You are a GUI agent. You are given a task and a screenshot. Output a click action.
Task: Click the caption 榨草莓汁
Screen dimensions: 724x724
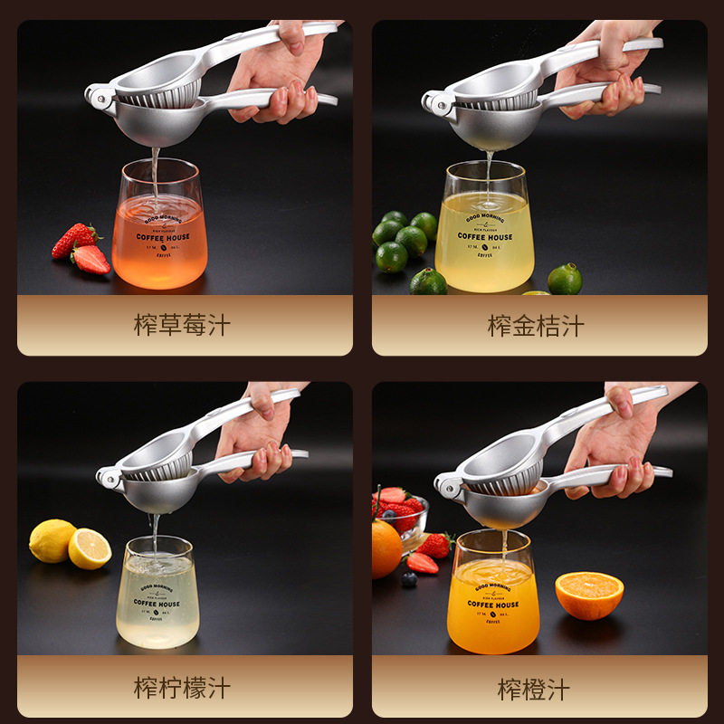pyautogui.click(x=183, y=325)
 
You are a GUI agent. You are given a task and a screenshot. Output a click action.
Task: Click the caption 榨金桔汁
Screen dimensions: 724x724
pyautogui.click(x=537, y=325)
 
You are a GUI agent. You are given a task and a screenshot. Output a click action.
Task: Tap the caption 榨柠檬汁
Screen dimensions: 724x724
pyautogui.click(x=183, y=687)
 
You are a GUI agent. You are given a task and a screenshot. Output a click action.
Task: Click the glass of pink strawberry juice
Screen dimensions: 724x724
pyautogui.click(x=159, y=235)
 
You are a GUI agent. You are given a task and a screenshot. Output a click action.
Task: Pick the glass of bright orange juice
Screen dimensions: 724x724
pyautogui.click(x=493, y=597)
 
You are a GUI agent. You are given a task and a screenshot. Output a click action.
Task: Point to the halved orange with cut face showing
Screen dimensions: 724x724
pyautogui.click(x=589, y=595)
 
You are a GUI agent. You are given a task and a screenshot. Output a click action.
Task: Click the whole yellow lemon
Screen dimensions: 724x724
pyautogui.click(x=52, y=540)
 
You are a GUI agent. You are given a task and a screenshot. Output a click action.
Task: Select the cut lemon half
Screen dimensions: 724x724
pyautogui.click(x=90, y=549)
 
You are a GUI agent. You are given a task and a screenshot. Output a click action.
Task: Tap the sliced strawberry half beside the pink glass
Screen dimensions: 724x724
pyautogui.click(x=90, y=259)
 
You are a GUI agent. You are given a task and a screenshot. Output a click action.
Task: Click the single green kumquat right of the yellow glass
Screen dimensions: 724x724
pyautogui.click(x=565, y=279)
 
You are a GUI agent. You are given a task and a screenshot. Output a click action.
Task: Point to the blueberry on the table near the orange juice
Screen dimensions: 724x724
pyautogui.click(x=409, y=579)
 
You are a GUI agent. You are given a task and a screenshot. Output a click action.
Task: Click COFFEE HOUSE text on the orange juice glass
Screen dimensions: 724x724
pyautogui.click(x=493, y=604)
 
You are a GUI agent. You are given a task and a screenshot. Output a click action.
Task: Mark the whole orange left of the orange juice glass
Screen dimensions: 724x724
pyautogui.click(x=386, y=548)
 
